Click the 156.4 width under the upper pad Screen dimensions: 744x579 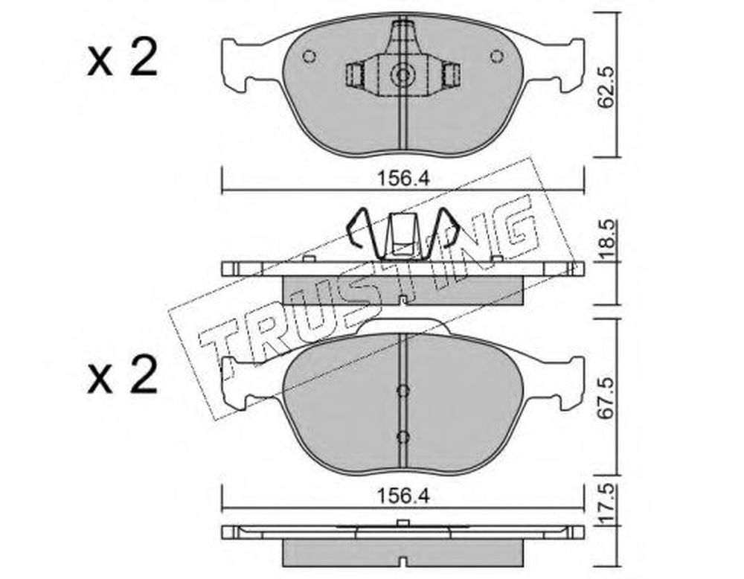tap(403, 179)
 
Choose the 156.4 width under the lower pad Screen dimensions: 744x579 tap(403, 496)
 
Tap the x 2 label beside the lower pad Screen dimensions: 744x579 tap(122, 375)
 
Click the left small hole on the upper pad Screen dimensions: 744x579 tap(309, 57)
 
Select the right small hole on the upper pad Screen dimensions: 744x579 tap(496, 57)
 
